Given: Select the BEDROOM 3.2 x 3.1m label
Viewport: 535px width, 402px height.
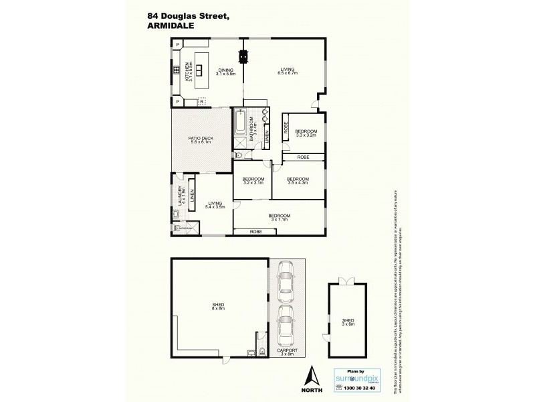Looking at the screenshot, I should (253, 181).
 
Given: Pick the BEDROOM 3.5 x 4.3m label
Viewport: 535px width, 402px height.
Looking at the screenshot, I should (297, 181).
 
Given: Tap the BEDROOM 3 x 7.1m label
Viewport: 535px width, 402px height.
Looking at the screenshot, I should (278, 218).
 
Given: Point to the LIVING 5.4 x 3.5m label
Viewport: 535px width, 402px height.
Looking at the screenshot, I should (215, 206).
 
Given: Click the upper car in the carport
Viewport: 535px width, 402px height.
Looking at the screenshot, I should (286, 281).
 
